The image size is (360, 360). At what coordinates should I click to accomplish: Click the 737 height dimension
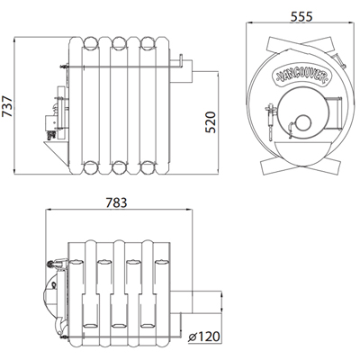7,106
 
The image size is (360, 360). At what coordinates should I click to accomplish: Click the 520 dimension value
211,122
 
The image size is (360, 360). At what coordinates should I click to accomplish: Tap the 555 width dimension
301,16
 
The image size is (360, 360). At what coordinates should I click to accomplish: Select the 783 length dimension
117,202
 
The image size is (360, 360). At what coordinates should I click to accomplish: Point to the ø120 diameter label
203,337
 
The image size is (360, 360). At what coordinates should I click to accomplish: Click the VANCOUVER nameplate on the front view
301,75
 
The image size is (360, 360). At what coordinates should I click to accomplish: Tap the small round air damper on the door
303,123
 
